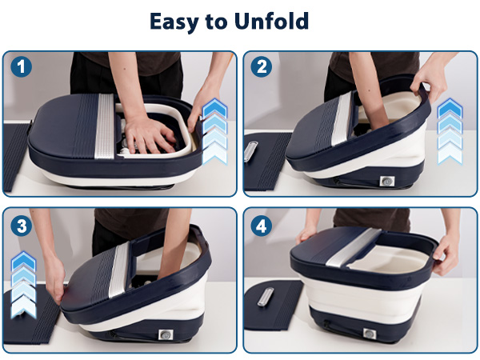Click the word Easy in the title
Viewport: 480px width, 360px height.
pos(174,22)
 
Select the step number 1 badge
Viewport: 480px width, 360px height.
pos(22,67)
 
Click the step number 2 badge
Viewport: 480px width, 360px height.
pos(261,67)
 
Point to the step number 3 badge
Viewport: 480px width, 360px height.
pos(22,226)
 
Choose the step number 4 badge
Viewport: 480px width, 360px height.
pos(261,226)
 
